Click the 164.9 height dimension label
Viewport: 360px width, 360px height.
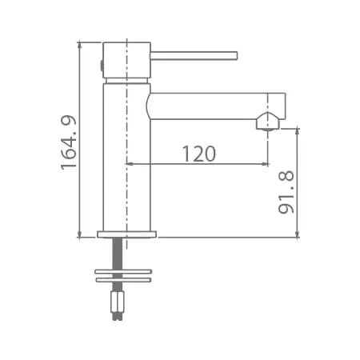coord(69,142)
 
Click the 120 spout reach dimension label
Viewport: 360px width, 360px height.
coord(199,154)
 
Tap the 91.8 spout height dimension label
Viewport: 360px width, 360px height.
coord(286,192)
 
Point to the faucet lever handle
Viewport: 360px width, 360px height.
coord(194,55)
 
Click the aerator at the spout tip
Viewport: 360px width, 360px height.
coord(268,122)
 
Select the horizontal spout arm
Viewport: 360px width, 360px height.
coord(216,106)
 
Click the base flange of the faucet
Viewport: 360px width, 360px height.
coord(127,234)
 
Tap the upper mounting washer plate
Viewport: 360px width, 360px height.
coord(123,271)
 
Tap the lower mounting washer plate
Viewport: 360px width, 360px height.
coord(123,280)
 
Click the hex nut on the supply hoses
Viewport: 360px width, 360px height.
coord(118,302)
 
